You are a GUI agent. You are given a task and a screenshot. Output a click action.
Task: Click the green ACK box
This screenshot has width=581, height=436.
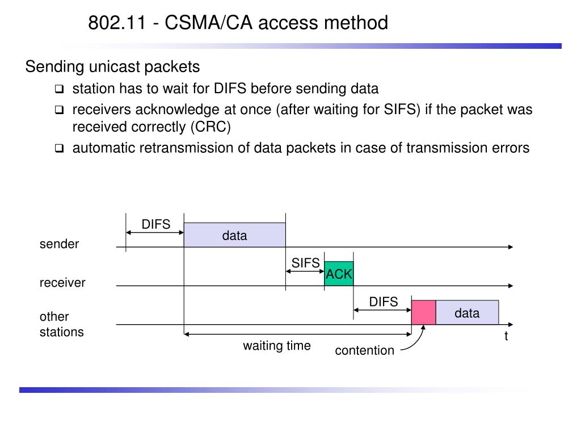tap(339, 274)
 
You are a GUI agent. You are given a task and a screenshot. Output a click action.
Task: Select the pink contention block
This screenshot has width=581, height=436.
tap(423, 313)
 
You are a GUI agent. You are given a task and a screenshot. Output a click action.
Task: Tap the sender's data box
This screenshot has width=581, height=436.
tap(234, 235)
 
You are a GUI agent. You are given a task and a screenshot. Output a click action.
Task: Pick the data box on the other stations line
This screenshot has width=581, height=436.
tap(468, 313)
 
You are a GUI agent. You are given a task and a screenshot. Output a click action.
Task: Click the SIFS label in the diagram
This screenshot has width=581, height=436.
tap(305, 263)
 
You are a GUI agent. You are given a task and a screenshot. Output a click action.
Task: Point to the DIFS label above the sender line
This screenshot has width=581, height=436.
tap(156, 224)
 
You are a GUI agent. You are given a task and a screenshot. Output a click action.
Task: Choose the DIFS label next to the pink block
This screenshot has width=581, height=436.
tap(384, 302)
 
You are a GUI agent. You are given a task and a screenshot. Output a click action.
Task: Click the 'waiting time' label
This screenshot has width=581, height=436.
tap(277, 346)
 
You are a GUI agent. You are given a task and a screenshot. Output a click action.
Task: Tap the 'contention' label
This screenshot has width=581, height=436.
tap(365, 350)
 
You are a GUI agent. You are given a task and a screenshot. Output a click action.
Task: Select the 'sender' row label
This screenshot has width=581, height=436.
tap(59, 244)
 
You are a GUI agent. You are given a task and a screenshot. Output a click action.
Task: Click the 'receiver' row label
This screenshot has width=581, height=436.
tap(62, 283)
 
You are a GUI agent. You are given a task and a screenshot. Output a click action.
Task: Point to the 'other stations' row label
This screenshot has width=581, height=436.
tap(61, 324)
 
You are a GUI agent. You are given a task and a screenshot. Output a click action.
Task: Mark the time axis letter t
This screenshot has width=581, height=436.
tap(506, 336)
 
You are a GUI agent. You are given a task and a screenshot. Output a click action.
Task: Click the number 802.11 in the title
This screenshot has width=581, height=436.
tap(117, 23)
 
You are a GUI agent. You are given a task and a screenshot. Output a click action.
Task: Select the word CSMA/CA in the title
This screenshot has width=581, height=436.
tap(209, 23)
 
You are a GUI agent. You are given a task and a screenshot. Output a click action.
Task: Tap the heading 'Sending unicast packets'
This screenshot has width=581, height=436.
tap(113, 67)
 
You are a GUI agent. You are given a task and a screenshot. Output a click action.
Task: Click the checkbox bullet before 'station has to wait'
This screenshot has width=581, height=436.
tap(59, 89)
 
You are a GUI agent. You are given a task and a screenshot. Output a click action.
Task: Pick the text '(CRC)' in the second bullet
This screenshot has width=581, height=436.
tap(211, 127)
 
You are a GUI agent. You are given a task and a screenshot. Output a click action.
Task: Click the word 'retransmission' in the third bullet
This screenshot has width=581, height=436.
tap(192, 148)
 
